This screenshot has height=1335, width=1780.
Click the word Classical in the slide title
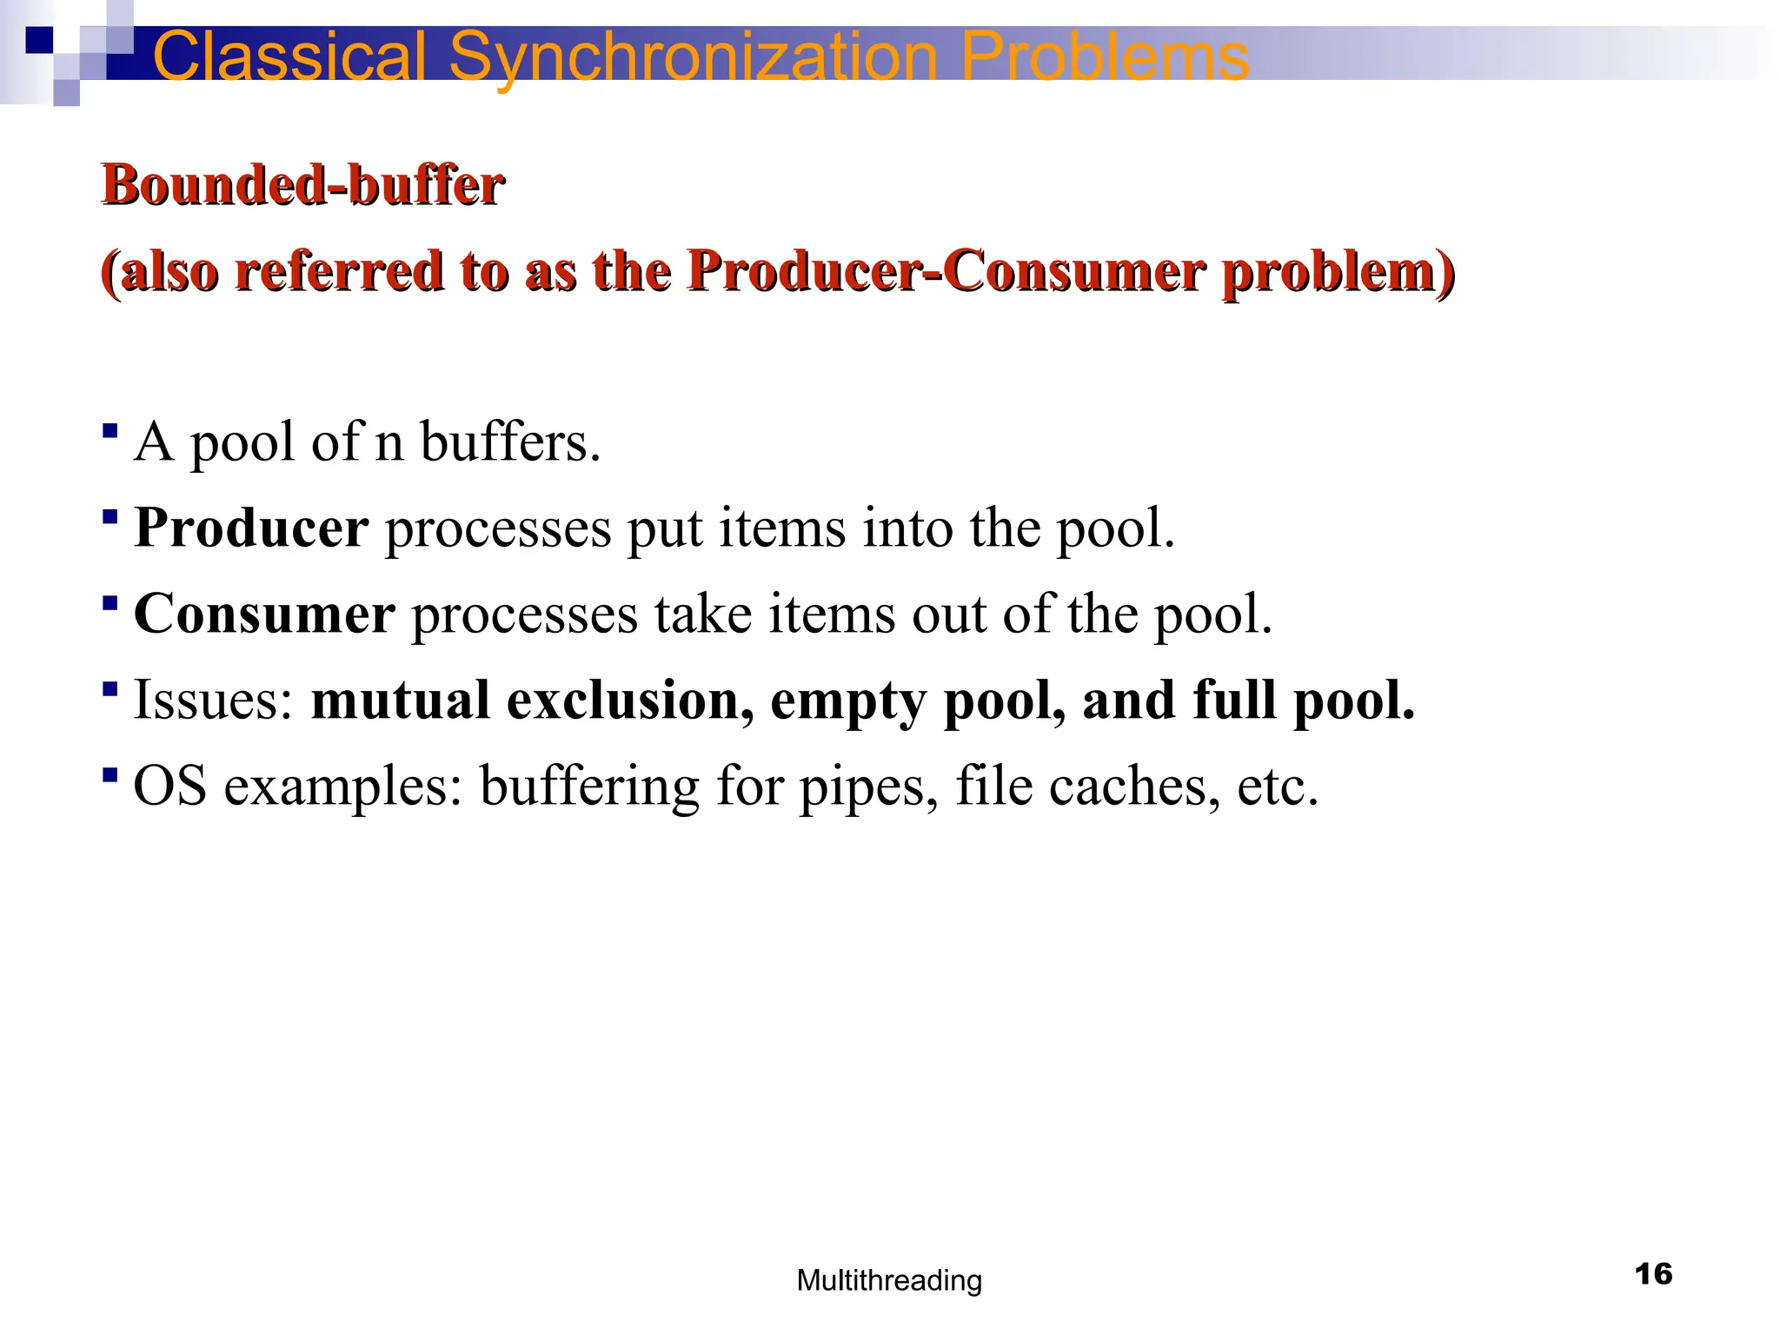[x=289, y=56]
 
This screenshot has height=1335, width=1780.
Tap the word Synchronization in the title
[x=693, y=56]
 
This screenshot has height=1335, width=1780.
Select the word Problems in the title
[x=1105, y=56]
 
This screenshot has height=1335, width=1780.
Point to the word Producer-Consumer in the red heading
[x=946, y=271]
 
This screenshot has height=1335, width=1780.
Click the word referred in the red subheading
[x=339, y=271]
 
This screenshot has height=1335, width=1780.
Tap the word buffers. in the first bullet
[x=510, y=442]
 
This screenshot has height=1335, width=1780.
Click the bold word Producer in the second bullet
[x=251, y=528]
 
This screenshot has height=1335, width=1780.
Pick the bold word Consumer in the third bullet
[x=264, y=614]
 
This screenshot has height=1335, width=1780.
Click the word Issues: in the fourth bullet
[x=214, y=700]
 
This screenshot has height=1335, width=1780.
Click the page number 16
[x=1653, y=1274]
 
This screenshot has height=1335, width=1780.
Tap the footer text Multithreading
[x=889, y=1280]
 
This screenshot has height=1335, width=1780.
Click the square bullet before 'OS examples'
[x=110, y=774]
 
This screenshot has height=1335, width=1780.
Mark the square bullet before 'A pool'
[x=110, y=430]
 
